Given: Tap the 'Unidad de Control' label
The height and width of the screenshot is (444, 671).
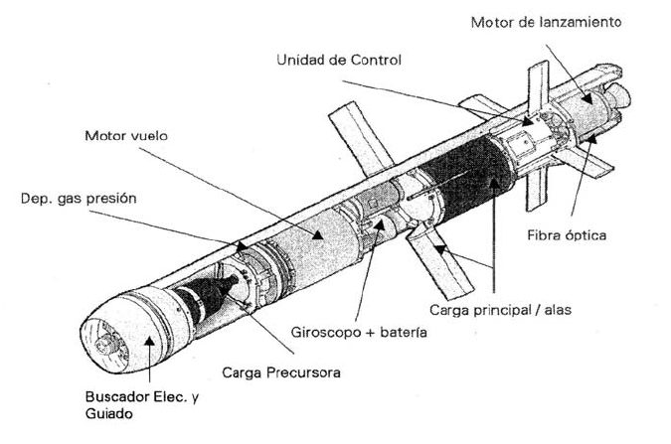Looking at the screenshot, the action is tap(339, 61).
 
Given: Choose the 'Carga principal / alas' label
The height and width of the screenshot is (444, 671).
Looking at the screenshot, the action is tap(499, 309).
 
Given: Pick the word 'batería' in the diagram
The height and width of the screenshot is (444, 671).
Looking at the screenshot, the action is tap(402, 332).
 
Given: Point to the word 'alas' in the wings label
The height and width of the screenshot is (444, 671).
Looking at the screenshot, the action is tap(556, 309).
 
